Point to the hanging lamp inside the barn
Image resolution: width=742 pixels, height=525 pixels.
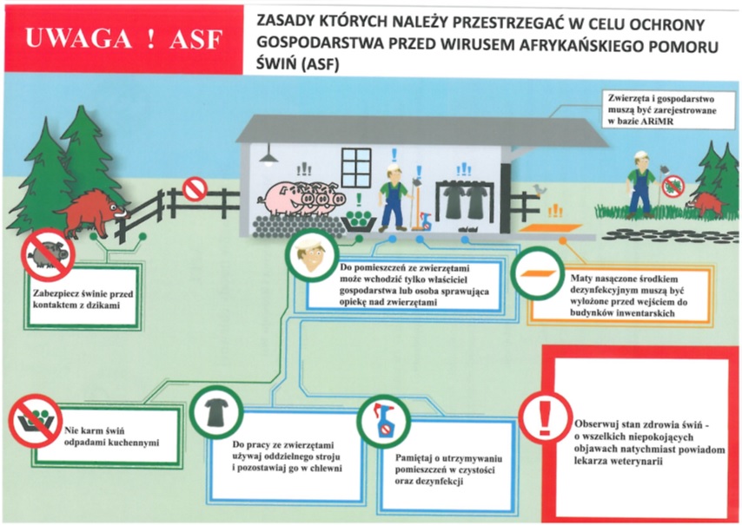click(270, 156)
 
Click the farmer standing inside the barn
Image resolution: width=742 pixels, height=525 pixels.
click(393, 196)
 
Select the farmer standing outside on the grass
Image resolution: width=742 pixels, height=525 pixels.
click(640, 183)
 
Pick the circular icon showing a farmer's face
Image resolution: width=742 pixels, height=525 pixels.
click(308, 256)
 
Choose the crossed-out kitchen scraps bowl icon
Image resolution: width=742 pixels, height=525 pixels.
click(32, 421)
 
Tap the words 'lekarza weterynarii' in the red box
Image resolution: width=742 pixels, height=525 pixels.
click(619, 462)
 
